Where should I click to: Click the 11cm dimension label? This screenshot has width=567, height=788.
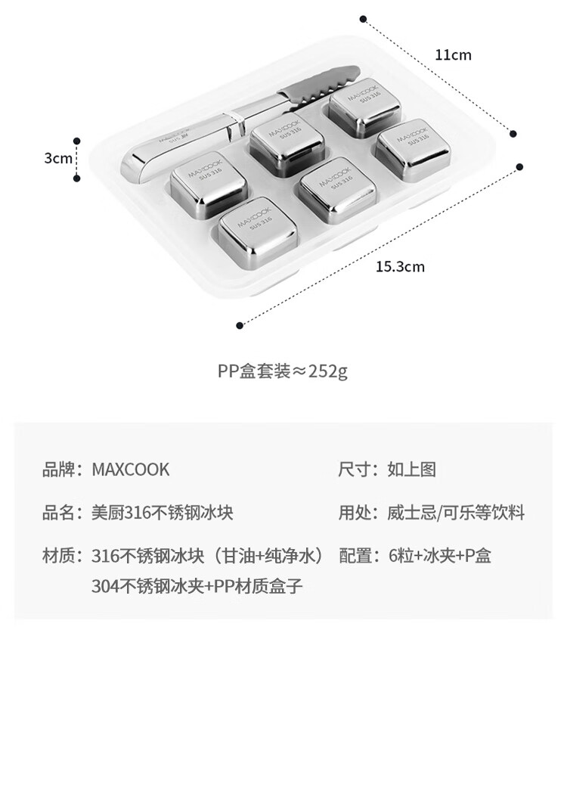[x=453, y=54]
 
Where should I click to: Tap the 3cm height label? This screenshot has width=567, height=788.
[x=58, y=158]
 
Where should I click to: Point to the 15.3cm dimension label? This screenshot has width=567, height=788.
[x=400, y=266]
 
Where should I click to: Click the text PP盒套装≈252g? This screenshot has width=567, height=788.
[x=283, y=371]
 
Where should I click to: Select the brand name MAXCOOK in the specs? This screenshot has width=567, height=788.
[x=131, y=470]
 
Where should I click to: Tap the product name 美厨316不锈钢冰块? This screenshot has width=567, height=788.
[x=163, y=513]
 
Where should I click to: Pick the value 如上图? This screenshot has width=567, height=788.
[x=411, y=470]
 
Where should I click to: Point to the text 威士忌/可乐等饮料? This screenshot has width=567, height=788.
[x=456, y=513]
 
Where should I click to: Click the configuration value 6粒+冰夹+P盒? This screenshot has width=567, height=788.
[x=439, y=556]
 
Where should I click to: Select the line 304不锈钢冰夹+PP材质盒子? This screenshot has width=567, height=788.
[x=197, y=586]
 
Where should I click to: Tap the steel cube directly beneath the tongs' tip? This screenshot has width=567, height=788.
[x=364, y=107]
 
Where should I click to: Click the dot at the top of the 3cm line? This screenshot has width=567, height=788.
[x=77, y=141]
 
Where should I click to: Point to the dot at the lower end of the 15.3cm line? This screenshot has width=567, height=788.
[x=240, y=326]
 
